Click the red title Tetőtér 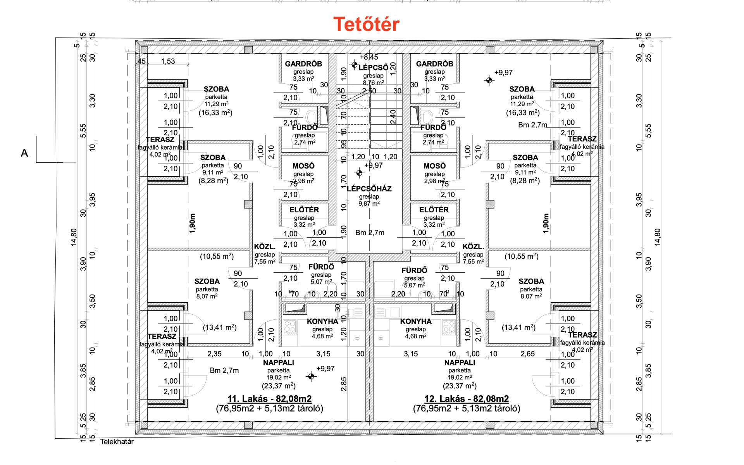[366, 24]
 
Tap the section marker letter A [24, 153]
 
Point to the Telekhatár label [117, 441]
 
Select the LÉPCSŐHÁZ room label [369, 189]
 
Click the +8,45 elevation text [369, 57]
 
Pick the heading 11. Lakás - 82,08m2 [269, 399]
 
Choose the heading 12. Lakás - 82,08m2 [467, 399]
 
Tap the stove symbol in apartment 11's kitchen [289, 327]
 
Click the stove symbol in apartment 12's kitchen [449, 327]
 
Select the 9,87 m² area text [369, 203]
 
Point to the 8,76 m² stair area [374, 83]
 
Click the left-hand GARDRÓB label [303, 64]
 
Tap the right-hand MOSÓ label [434, 166]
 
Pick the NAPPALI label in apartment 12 [460, 363]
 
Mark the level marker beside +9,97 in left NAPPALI [311, 376]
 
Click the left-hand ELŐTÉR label [304, 210]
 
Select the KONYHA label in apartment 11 [322, 322]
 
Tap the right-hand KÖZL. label [473, 247]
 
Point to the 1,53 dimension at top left [168, 61]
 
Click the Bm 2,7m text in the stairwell [370, 233]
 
